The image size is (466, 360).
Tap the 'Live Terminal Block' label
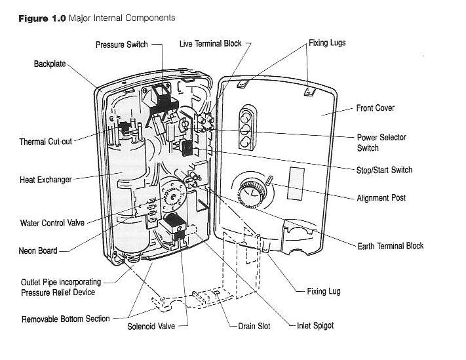coord(210,44)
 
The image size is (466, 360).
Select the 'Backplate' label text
coord(50,64)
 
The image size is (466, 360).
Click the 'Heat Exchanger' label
coord(45,178)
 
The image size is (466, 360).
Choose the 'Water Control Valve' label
coord(51,223)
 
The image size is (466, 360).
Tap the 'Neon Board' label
coord(37,250)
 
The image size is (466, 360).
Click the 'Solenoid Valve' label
coord(151,326)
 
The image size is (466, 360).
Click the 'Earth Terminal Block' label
coord(390,247)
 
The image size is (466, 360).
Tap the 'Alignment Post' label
coord(381,198)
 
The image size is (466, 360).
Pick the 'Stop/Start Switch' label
coord(384,170)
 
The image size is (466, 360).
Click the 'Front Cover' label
coord(375,108)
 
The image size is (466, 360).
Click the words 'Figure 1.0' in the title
coord(37,18)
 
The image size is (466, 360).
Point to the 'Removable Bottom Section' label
coord(66,319)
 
